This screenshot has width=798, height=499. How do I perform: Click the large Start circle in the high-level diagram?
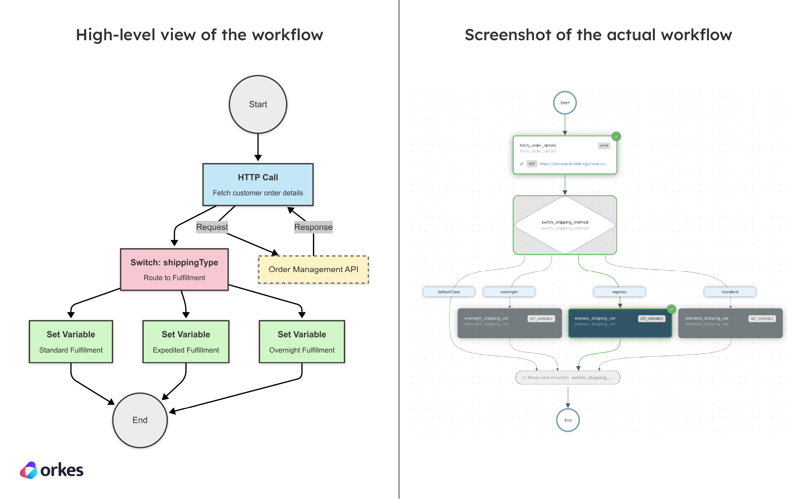click(258, 104)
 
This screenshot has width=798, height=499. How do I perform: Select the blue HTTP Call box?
click(258, 184)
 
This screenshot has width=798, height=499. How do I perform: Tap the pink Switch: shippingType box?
click(174, 269)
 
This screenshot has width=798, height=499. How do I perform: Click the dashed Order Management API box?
click(313, 269)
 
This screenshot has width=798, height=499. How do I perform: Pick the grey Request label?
click(212, 227)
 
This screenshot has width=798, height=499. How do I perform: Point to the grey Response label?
click(313, 227)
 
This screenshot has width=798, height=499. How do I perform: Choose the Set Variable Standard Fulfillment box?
click(71, 342)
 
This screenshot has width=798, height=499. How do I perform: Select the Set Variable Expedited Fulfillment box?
click(186, 342)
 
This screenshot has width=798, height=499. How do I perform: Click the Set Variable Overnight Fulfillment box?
click(302, 342)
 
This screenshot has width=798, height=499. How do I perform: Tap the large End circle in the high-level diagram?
click(140, 420)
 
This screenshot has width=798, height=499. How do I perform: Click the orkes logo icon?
click(29, 470)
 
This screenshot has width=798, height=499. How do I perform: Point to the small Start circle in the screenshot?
click(565, 103)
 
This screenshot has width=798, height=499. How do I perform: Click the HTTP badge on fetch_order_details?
click(604, 146)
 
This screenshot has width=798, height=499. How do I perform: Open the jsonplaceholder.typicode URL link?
click(573, 164)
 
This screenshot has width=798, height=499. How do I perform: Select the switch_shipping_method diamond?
click(565, 225)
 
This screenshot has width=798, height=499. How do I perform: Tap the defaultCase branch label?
click(449, 292)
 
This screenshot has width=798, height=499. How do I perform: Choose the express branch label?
click(619, 292)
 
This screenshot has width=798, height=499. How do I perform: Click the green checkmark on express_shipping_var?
click(671, 309)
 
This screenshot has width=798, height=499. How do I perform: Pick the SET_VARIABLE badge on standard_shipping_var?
click(762, 319)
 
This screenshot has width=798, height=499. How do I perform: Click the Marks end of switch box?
click(567, 378)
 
